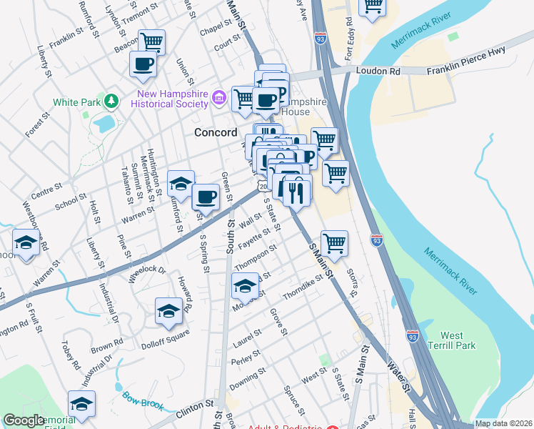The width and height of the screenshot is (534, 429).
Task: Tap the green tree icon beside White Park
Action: [111, 102]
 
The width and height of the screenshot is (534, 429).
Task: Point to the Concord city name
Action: [216, 133]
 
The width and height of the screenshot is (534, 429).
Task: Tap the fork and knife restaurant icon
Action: [297, 191]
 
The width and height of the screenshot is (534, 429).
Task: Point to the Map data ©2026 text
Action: [503, 423]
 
